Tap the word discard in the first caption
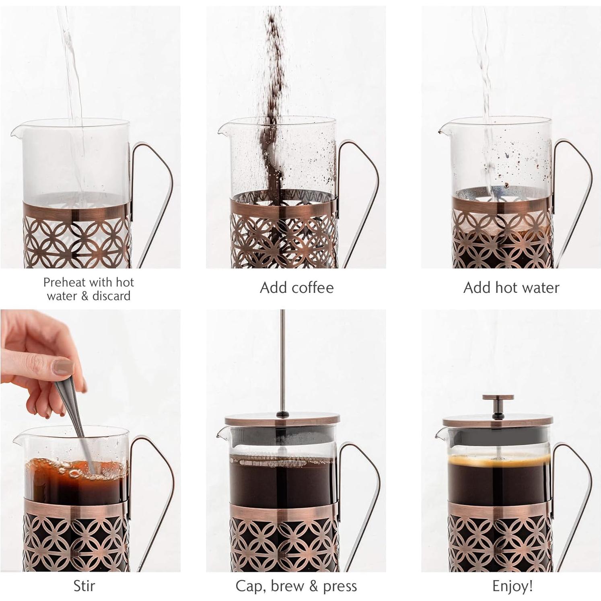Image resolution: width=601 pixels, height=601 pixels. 111,296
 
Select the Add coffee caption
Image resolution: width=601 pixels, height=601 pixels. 296,288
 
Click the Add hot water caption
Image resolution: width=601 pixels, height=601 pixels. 511,288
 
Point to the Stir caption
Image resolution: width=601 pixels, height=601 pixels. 84,586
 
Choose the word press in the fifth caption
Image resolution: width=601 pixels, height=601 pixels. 340,586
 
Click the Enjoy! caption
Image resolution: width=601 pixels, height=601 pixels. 512,586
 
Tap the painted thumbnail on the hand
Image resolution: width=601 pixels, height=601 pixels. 64,367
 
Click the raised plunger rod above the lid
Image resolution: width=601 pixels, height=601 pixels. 282,362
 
